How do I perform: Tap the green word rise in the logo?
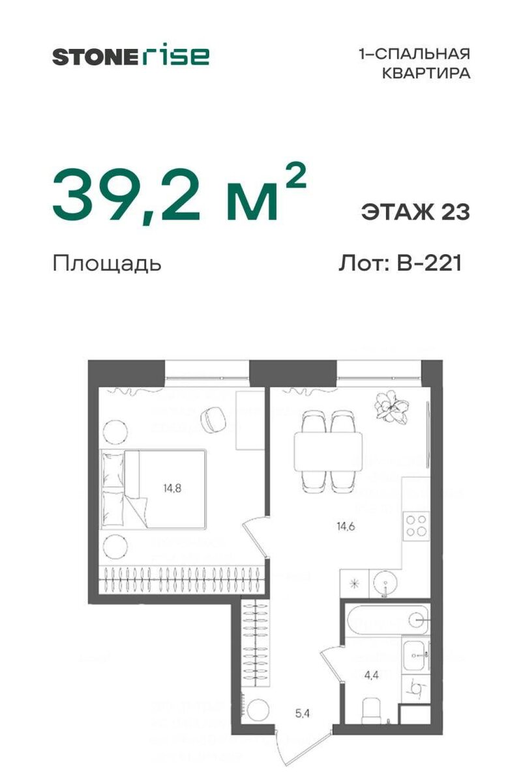click(x=174, y=55)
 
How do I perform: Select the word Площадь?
click(x=106, y=264)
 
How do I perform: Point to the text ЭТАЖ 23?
click(x=415, y=212)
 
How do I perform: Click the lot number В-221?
click(x=427, y=263)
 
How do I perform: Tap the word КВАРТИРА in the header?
click(x=426, y=74)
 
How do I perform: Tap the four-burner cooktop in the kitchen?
click(x=416, y=526)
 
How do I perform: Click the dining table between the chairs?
click(x=328, y=450)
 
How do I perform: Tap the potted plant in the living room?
click(x=391, y=406)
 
